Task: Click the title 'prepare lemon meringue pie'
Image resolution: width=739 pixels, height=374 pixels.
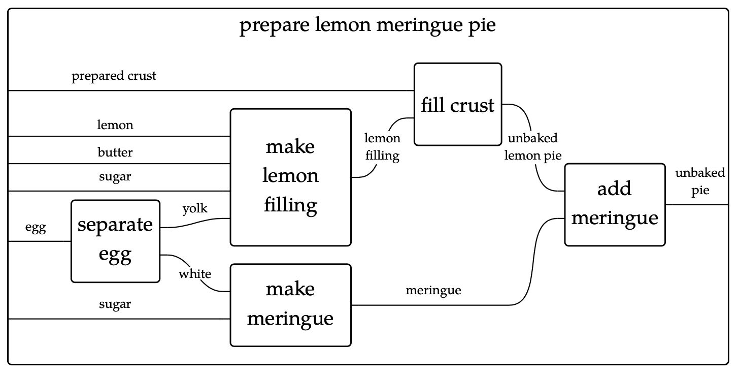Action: [367, 26]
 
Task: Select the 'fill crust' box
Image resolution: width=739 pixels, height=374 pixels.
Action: [457, 105]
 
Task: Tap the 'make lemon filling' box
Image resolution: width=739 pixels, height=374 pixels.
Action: [290, 177]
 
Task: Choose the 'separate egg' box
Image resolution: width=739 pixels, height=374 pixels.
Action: [115, 240]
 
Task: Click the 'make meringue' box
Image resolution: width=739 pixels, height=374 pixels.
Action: [290, 304]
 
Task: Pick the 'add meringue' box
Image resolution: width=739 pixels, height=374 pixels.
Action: [614, 204]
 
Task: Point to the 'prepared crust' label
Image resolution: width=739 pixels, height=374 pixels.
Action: [114, 76]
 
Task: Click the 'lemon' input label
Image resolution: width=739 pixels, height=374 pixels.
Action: [115, 125]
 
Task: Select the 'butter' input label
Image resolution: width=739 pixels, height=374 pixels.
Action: [115, 152]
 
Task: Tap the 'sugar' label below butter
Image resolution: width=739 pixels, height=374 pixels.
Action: [115, 177]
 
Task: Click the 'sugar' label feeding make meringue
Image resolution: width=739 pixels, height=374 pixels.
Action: [115, 304]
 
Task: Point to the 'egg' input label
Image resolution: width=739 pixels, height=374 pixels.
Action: [36, 229]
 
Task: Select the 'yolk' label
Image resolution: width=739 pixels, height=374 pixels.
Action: [195, 208]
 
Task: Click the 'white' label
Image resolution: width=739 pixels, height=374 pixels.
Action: [194, 274]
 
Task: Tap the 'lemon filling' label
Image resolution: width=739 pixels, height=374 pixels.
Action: [382, 147]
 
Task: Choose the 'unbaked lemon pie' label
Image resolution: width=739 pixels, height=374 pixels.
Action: [532, 147]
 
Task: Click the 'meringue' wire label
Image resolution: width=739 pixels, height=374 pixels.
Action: [433, 290]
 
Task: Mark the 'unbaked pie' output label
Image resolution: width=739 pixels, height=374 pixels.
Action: [700, 182]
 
